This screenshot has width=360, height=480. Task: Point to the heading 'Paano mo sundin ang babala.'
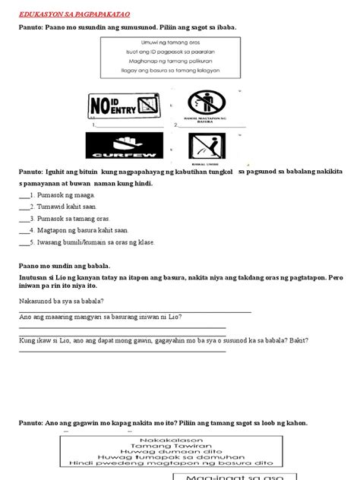pos(65,266)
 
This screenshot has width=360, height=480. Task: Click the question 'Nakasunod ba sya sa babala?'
pos(64,301)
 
